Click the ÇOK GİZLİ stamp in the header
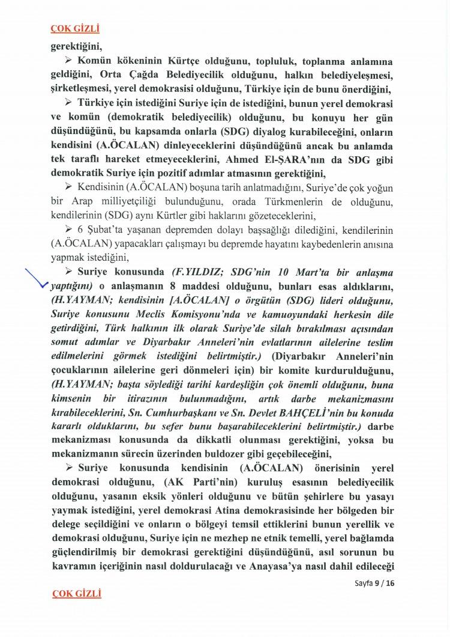coord(76,29)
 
